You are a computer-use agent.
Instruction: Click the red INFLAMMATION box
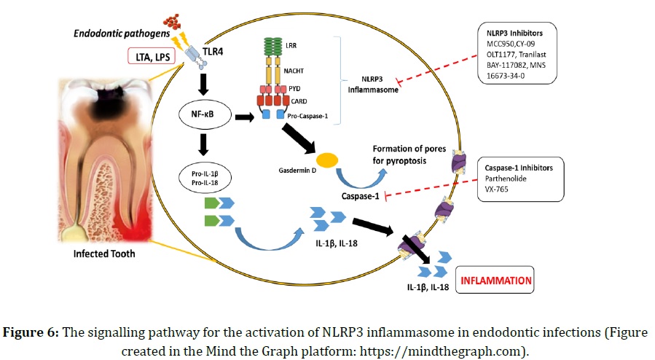[x=493, y=280]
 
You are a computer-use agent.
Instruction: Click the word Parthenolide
[x=506, y=179]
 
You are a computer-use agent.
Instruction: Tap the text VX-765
[x=498, y=191]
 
